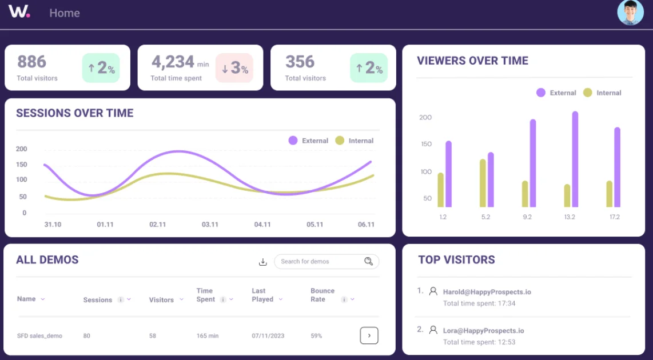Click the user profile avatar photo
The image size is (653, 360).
630,13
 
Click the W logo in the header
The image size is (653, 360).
19,11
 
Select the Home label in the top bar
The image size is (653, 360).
65,13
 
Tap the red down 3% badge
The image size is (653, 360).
234,69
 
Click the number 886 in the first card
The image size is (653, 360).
31,62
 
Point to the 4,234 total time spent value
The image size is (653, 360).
173,62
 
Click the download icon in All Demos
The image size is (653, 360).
263,262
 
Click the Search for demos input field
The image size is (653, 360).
317,262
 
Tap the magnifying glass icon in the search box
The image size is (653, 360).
369,262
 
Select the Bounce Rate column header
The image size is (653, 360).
322,295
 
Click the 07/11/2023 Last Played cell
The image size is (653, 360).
268,336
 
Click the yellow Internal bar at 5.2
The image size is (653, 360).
483,183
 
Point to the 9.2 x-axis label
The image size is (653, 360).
527,217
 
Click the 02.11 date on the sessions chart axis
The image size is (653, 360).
157,225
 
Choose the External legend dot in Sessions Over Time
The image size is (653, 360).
293,141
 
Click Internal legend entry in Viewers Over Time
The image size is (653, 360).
602,93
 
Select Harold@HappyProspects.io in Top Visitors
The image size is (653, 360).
487,292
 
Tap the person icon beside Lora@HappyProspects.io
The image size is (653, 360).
433,330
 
